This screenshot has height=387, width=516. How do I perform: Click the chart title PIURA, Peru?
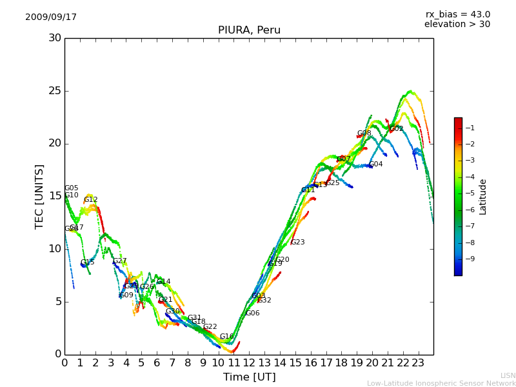(249, 30)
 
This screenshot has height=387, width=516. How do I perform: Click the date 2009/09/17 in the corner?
(51, 17)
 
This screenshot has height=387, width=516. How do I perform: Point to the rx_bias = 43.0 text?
(457, 15)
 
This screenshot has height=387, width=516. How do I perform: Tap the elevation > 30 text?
(457, 25)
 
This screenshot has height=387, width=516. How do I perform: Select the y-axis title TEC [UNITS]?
(39, 196)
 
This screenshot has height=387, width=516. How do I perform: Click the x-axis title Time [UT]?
(249, 377)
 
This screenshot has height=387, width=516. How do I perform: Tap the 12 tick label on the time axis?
(249, 363)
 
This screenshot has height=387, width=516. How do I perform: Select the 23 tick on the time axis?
(418, 363)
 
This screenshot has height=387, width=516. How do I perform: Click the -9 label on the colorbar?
(471, 259)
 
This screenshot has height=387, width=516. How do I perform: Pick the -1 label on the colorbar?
(471, 128)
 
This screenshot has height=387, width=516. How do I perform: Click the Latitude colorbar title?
(483, 197)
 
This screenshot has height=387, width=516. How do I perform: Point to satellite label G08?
(364, 134)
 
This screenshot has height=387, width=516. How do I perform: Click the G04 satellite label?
(375, 164)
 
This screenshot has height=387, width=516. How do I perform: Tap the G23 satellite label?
(297, 243)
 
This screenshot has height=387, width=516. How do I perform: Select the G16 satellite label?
(226, 337)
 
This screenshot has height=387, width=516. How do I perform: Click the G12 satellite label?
(91, 200)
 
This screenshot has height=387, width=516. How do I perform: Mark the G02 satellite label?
(396, 129)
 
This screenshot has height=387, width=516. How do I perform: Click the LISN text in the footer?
(508, 375)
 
